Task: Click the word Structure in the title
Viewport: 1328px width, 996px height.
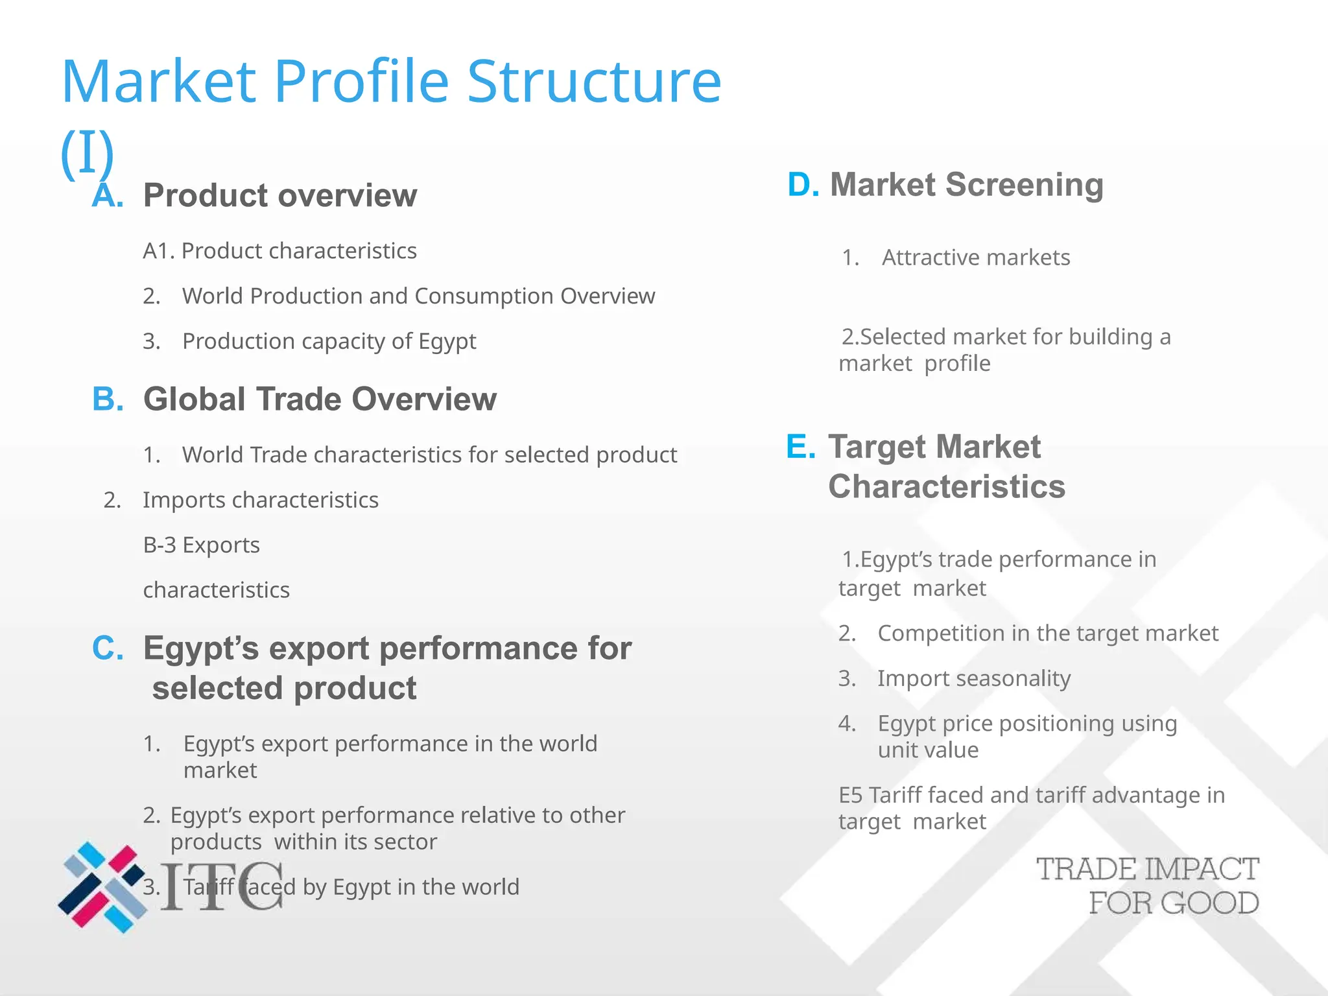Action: [x=593, y=82]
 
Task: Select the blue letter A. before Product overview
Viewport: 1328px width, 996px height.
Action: [x=108, y=195]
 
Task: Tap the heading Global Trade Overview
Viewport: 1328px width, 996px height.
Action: [x=320, y=399]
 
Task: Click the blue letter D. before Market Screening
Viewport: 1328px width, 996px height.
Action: [x=803, y=185]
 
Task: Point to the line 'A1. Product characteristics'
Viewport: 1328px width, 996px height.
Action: [x=279, y=251]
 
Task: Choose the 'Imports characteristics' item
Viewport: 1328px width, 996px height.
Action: [x=260, y=500]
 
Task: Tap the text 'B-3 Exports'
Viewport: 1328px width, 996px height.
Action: [x=201, y=545]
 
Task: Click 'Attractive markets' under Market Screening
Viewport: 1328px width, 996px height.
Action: [x=975, y=257]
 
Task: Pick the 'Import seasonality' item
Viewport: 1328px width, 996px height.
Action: [x=973, y=678]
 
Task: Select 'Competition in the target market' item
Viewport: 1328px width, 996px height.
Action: [x=1047, y=633]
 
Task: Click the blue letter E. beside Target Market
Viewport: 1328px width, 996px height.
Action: [x=800, y=447]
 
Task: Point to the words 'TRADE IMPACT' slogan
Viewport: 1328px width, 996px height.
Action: [x=1147, y=870]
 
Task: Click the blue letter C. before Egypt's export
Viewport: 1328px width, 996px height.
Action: [x=108, y=648]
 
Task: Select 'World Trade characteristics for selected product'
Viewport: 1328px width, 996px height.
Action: [x=429, y=455]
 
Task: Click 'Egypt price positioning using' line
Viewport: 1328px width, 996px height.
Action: [x=1026, y=724]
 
